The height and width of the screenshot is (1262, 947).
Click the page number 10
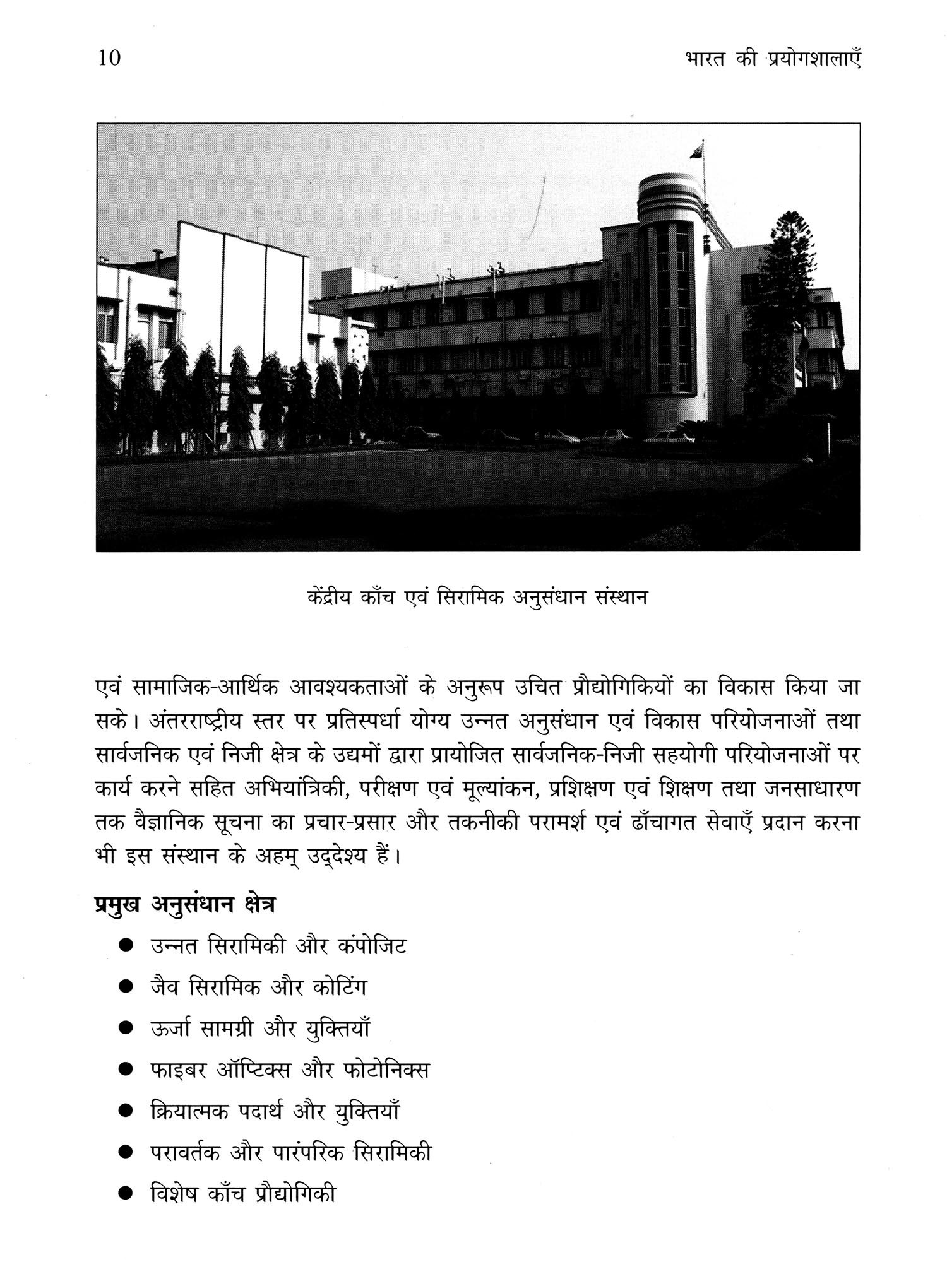(109, 58)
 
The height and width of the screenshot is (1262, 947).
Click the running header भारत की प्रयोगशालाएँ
(773, 59)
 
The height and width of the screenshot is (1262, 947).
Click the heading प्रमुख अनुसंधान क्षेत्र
(184, 904)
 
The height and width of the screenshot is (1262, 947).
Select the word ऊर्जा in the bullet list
(170, 1028)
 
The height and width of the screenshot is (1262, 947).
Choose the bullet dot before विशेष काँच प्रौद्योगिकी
(126, 1194)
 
